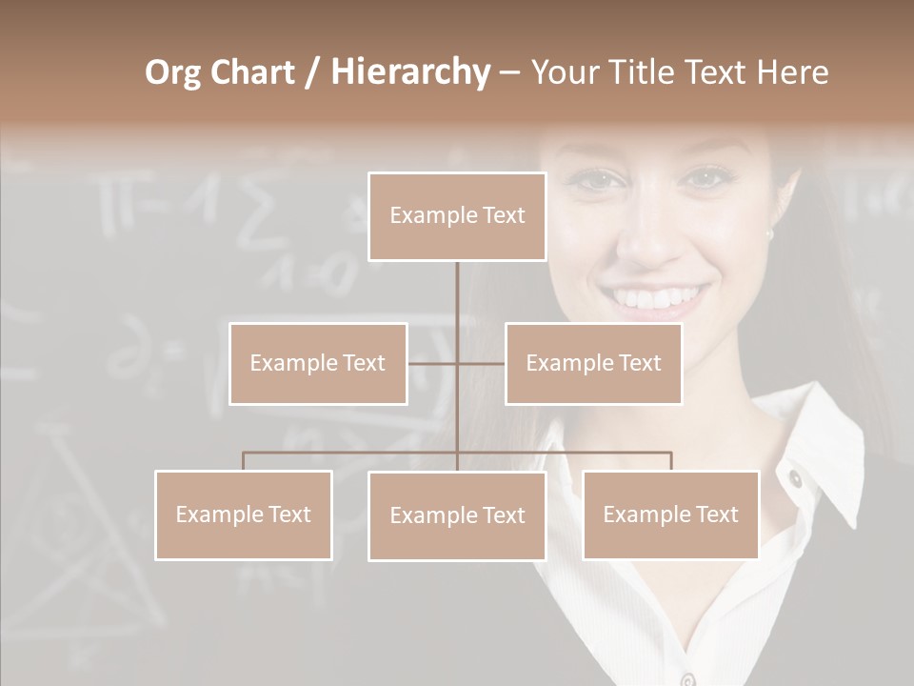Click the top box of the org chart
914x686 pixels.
pyautogui.click(x=457, y=216)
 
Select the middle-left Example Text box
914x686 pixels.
pyautogui.click(x=318, y=363)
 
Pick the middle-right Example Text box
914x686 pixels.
pyautogui.click(x=593, y=363)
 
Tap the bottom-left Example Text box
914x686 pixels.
pyautogui.click(x=244, y=514)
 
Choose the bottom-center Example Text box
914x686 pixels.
pyautogui.click(x=457, y=515)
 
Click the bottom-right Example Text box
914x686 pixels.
pyautogui.click(x=670, y=514)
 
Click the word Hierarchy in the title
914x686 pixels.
pyautogui.click(x=409, y=72)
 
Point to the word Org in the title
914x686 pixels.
pyautogui.click(x=172, y=72)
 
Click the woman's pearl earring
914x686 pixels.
pyautogui.click(x=769, y=233)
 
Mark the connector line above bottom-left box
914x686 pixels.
pyautogui.click(x=244, y=461)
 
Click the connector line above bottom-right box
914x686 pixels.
pyautogui.click(x=670, y=461)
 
